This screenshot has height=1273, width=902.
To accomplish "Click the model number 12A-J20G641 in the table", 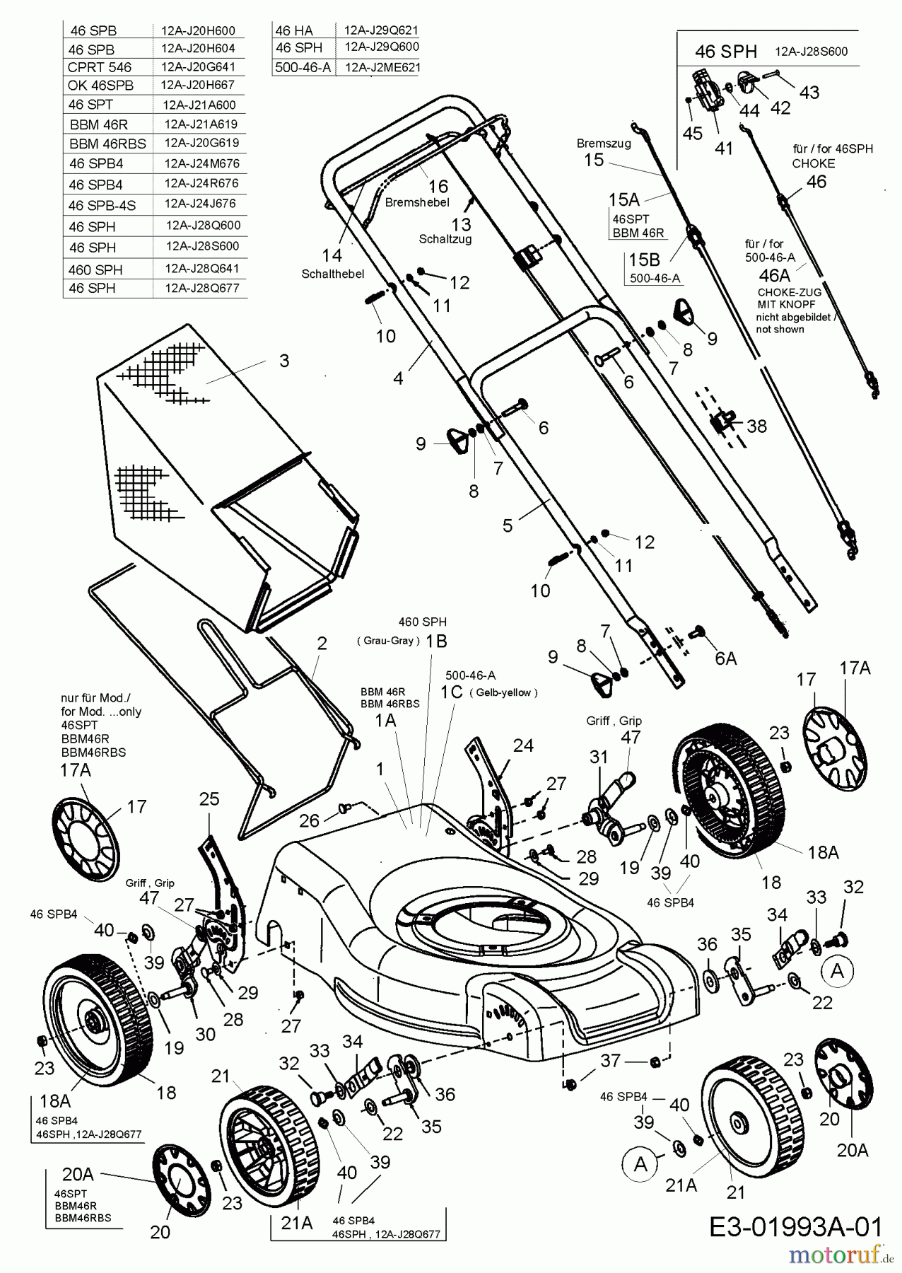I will click(198, 67).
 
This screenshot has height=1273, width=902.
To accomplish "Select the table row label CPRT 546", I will click(100, 68).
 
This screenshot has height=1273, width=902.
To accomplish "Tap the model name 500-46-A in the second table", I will click(302, 68).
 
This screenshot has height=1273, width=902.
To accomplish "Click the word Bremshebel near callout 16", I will click(417, 202).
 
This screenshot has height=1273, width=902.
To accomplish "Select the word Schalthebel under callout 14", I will click(332, 274).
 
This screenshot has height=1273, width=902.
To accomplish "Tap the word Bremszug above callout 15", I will click(603, 143).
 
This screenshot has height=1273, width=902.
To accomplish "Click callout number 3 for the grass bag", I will click(284, 361).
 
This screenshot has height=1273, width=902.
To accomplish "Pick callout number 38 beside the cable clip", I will click(756, 426).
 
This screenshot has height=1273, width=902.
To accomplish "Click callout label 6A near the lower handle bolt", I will click(725, 658).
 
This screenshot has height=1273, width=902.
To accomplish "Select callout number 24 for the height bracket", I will click(523, 745).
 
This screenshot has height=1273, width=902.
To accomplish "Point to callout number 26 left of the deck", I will click(309, 820).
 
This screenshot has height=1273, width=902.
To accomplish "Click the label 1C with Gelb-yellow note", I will click(452, 692).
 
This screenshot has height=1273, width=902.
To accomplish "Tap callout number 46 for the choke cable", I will click(816, 182).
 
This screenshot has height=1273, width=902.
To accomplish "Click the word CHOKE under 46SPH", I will click(813, 163).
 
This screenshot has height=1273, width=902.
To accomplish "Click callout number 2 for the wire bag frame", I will click(322, 644).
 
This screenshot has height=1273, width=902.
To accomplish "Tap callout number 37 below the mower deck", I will click(610, 1060).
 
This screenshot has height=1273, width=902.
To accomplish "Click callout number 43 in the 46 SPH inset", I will click(809, 92).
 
